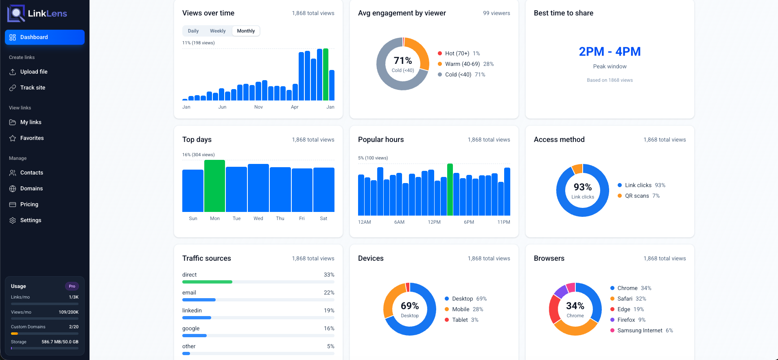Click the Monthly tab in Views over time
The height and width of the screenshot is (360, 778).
246,31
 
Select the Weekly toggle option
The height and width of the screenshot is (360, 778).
218,31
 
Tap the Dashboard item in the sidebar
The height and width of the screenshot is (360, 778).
45,37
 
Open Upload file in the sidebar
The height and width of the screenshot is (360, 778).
34,72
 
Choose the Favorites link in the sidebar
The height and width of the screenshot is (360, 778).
32,138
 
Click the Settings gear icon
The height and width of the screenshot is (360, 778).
13,220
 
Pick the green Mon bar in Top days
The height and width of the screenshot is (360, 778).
214,186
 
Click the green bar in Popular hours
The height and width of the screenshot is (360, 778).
450,190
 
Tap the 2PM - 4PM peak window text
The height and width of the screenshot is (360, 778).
610,52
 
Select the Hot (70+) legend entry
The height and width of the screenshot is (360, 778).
457,53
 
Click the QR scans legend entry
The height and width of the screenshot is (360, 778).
637,196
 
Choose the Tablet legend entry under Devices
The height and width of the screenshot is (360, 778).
460,320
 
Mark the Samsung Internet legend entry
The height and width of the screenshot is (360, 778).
640,330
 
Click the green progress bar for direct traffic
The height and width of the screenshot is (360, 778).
207,282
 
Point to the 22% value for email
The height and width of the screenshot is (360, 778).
329,292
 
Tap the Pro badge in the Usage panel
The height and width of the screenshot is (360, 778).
72,286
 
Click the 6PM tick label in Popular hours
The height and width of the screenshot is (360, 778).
469,222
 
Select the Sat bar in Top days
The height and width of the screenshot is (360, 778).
323,190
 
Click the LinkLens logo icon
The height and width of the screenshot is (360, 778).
16,13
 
